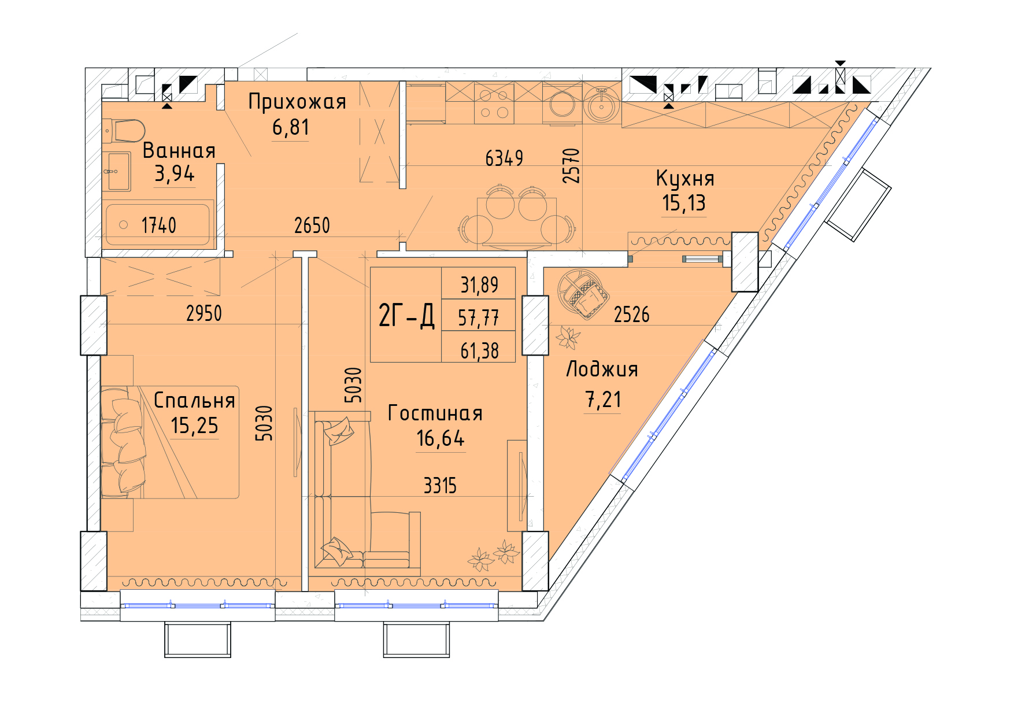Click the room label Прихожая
[x=297, y=102]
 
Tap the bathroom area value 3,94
[x=175, y=173]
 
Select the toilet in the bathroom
[x=124, y=131]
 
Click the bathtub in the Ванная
[x=158, y=224]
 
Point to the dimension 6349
[x=504, y=158]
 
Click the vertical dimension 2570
[x=571, y=165]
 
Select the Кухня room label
[x=685, y=179]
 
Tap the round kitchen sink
[x=602, y=105]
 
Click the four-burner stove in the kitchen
[x=494, y=103]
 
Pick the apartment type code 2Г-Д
[x=406, y=316]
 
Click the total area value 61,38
[x=479, y=350]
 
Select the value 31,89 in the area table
[x=479, y=284]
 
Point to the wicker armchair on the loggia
[x=583, y=293]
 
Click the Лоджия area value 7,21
[x=603, y=400]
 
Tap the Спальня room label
[x=194, y=400]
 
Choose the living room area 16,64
[x=441, y=439]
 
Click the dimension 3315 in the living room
[x=440, y=486]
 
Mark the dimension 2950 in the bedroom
[x=204, y=313]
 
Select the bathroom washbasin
[x=119, y=171]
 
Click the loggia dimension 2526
[x=631, y=315]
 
